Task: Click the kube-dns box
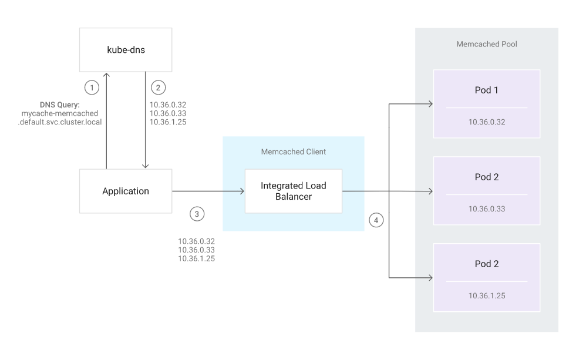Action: pos(126,50)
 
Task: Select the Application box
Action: pos(126,191)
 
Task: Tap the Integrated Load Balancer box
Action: pos(293,191)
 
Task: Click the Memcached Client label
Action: pos(293,152)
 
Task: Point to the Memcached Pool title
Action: pos(487,44)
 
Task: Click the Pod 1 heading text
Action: pos(487,90)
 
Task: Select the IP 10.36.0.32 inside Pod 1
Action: pos(487,122)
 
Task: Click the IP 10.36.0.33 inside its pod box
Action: pos(487,208)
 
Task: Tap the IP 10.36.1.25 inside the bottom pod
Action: pos(487,295)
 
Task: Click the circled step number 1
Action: pos(92,88)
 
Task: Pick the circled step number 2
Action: pos(158,88)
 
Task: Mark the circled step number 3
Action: pos(197,214)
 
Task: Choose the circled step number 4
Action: pos(376,220)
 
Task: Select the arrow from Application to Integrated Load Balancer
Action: pos(208,191)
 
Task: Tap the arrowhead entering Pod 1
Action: pos(430,104)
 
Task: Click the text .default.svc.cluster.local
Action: pos(60,122)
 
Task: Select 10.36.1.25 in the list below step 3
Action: pos(196,258)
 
